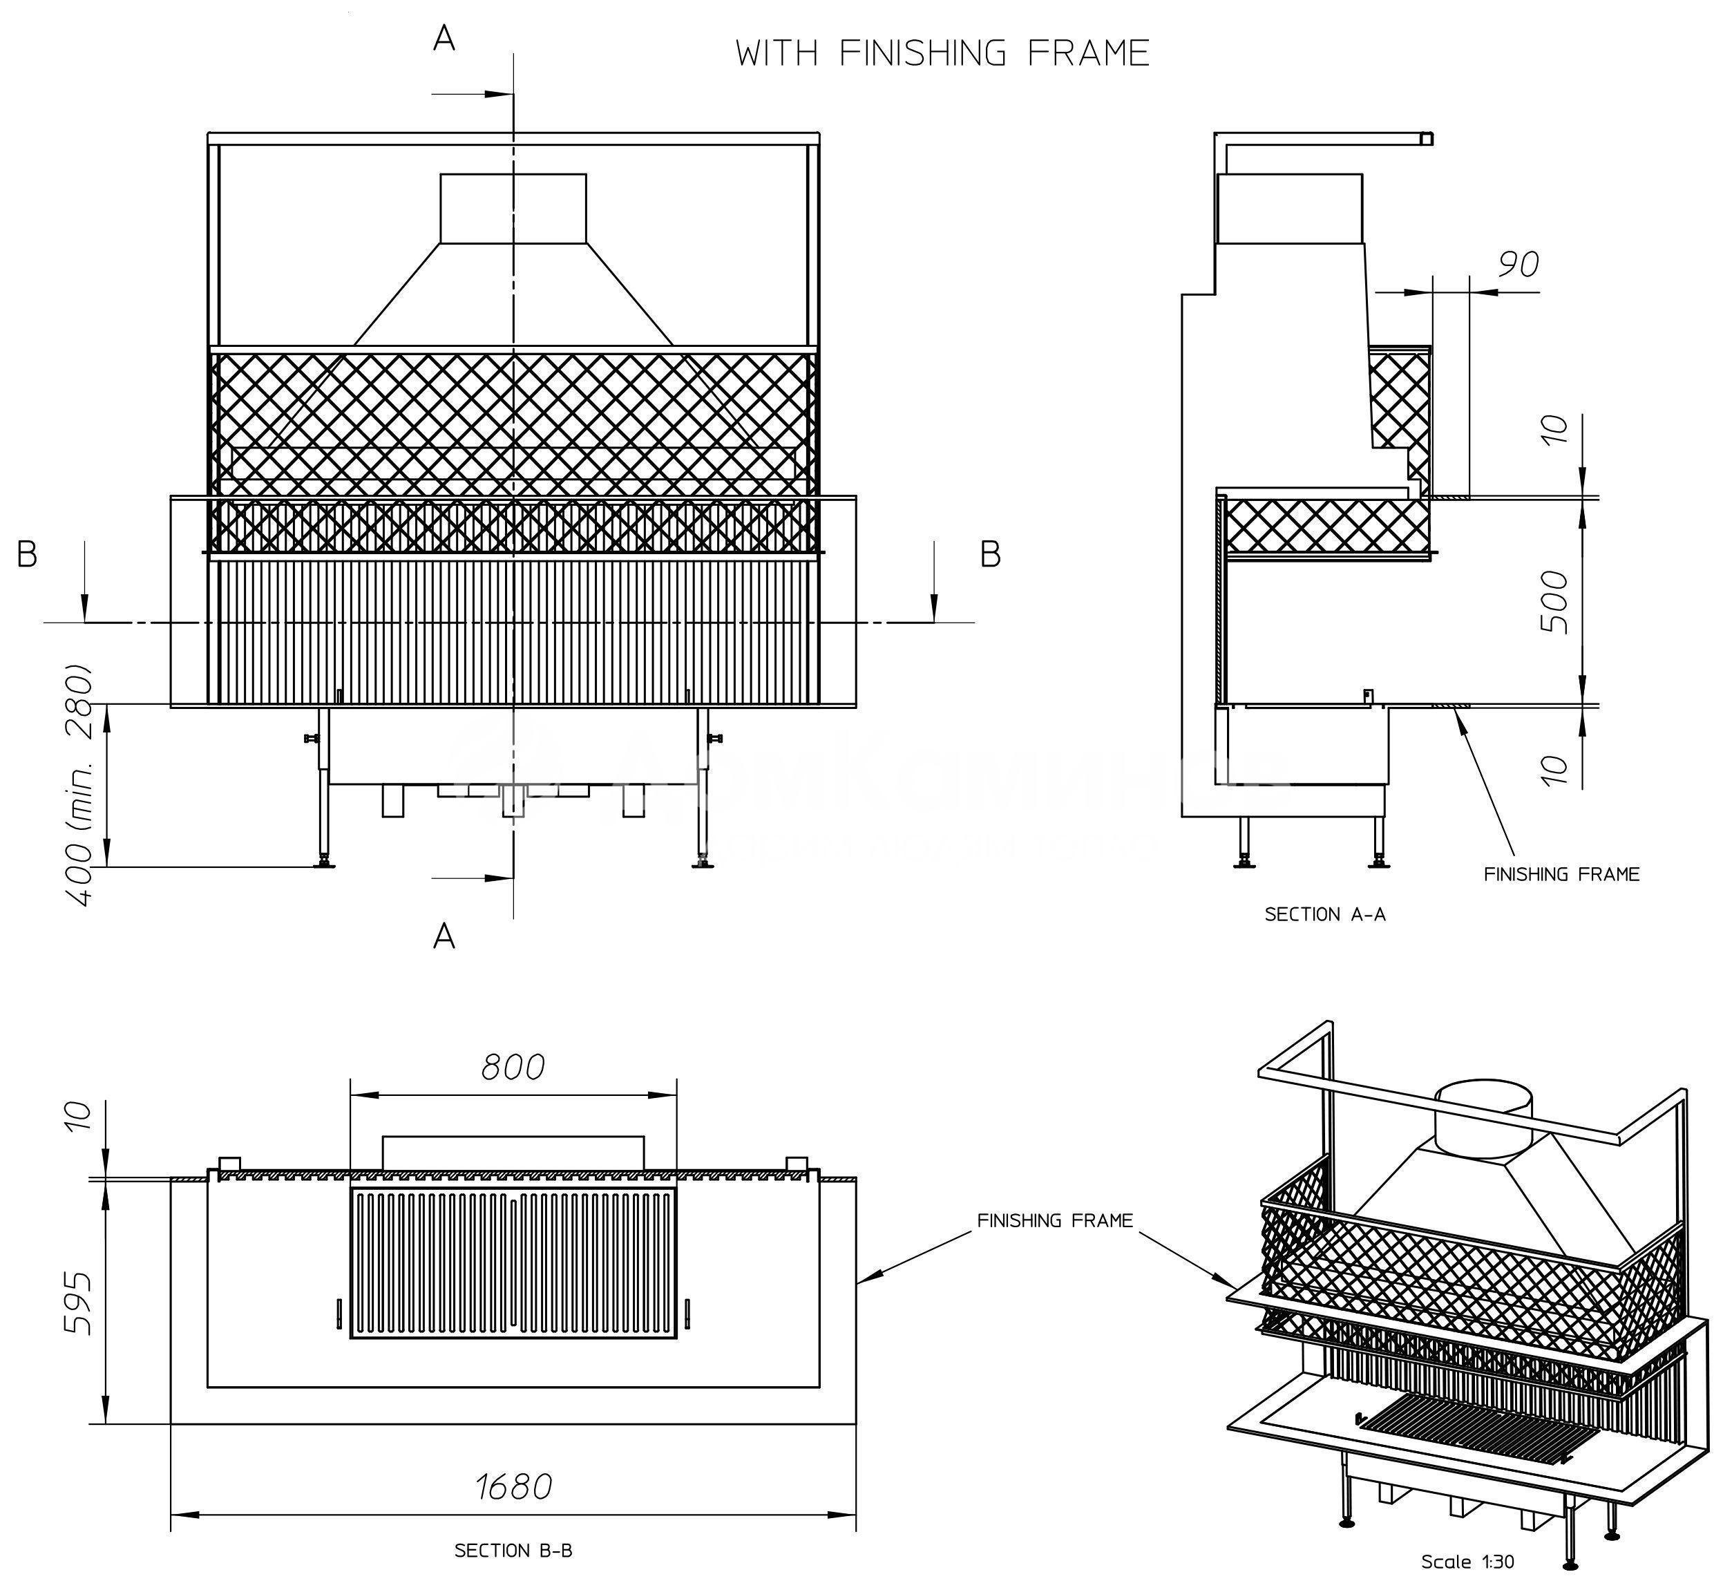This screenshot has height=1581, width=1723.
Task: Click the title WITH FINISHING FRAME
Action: (942, 53)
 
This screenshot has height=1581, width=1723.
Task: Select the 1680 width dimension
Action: (513, 1487)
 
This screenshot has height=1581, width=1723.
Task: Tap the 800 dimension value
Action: (513, 1068)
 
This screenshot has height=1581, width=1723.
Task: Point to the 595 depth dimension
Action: (79, 1303)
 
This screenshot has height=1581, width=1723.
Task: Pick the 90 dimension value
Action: (1519, 265)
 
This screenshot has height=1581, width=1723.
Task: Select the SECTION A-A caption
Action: (1324, 915)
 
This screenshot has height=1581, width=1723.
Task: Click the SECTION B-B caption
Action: (513, 1550)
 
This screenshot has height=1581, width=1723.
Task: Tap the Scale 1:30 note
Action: (1467, 1562)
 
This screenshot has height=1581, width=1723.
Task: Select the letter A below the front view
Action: (444, 937)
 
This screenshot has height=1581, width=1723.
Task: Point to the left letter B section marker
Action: (28, 556)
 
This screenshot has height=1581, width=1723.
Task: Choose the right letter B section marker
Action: (990, 556)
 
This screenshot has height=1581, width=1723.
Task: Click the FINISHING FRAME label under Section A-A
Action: (1561, 874)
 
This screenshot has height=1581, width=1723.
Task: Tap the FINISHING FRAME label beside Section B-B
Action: (1055, 1221)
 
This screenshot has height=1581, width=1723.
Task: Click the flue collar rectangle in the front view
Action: (513, 208)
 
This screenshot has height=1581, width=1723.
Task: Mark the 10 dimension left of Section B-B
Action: (79, 1115)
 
